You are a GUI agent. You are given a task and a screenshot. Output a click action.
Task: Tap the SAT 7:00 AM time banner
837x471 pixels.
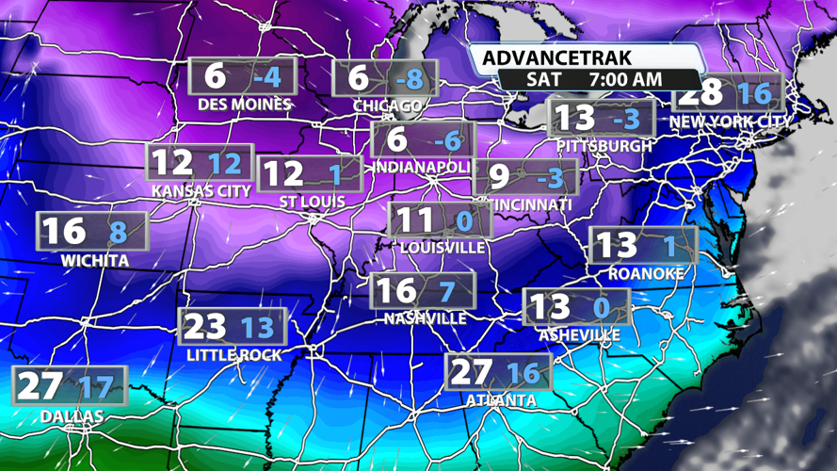tap(594, 80)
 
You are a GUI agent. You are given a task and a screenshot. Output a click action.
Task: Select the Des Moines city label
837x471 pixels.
tap(245, 104)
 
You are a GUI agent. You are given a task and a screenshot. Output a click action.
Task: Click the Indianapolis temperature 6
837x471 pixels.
tap(397, 140)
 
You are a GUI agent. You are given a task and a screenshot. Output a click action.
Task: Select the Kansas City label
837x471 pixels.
tap(201, 190)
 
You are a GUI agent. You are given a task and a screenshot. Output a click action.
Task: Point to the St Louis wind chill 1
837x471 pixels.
tap(334, 174)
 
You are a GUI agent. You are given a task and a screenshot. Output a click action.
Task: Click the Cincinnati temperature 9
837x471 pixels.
tap(500, 176)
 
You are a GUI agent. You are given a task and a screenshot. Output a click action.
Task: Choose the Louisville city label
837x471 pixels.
tap(443, 248)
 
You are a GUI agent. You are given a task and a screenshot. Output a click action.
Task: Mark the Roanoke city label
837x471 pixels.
tap(646, 273)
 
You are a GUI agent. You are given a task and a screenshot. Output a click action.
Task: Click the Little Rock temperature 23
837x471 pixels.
tap(205, 326)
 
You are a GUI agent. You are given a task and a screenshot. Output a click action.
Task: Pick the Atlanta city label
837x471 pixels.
tap(501, 400)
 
